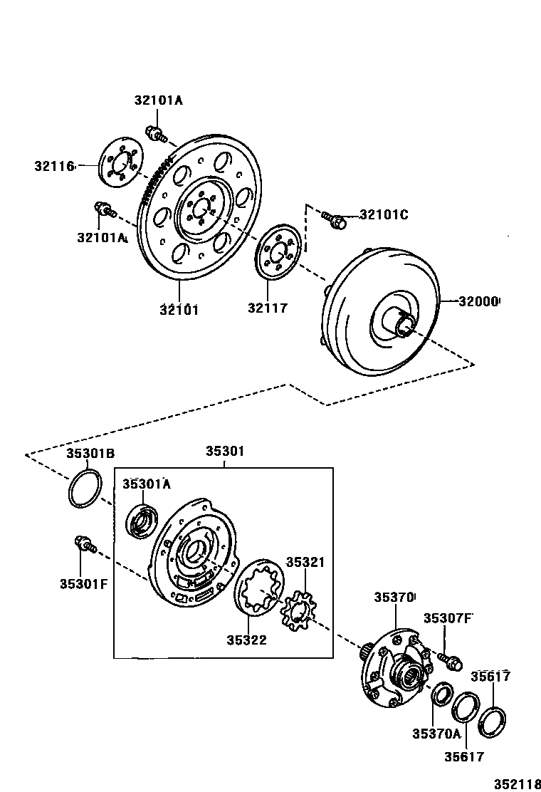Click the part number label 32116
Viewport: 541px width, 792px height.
click(54, 166)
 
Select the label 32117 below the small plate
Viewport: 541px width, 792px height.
click(268, 308)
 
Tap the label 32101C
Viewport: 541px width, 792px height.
click(384, 214)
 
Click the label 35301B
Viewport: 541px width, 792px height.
click(90, 454)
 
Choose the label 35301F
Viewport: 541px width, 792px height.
click(83, 585)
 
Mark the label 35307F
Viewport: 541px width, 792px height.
click(448, 618)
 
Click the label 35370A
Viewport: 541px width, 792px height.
click(436, 733)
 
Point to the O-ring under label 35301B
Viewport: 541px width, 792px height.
click(85, 489)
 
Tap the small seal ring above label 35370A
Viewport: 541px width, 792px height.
click(441, 694)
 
